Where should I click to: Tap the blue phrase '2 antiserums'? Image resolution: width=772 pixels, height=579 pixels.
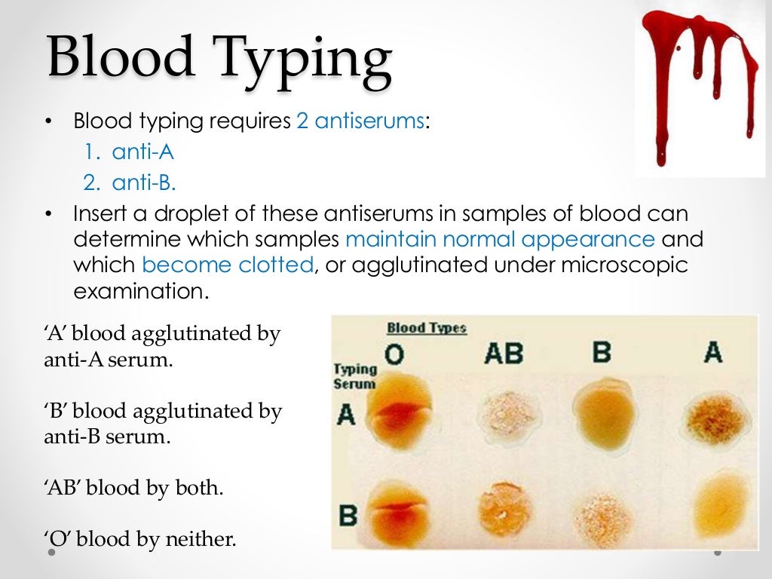point(360,121)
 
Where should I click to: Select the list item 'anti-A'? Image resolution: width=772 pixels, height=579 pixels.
point(142,152)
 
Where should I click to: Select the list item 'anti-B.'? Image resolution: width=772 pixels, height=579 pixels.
point(144,182)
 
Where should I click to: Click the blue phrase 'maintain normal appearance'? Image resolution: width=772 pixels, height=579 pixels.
point(501,240)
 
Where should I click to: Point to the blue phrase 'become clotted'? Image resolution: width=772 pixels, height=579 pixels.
point(227,265)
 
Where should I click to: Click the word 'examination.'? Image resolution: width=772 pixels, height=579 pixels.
point(140,291)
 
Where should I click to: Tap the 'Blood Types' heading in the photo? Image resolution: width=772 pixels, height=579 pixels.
point(426,328)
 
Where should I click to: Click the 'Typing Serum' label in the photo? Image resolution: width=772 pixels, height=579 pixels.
point(354,375)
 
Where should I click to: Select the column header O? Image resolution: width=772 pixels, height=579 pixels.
point(394,353)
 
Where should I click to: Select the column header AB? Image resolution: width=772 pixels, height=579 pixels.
point(503,352)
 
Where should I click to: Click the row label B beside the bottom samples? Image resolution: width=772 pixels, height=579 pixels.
point(348,516)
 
